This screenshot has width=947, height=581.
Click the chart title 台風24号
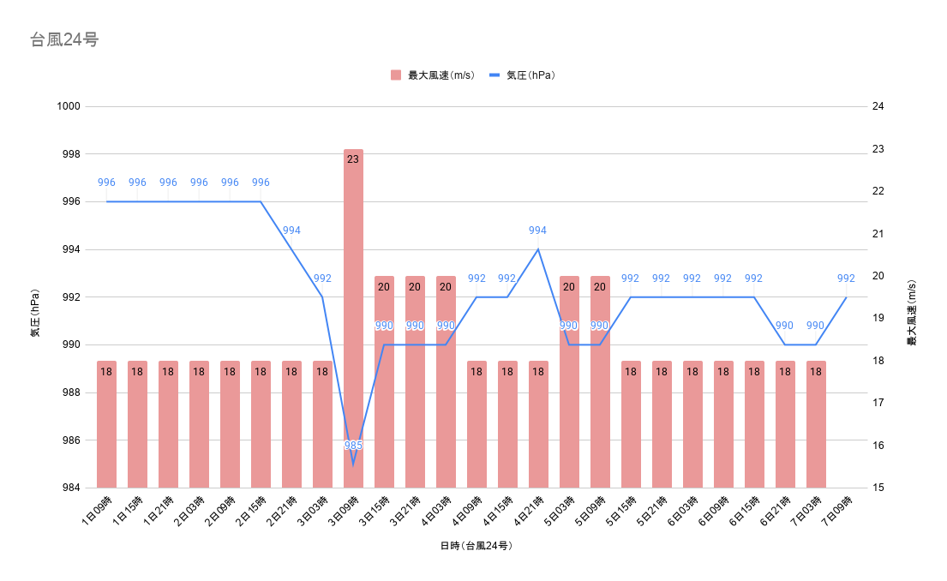[x=64, y=40]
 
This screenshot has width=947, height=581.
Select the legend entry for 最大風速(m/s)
[x=433, y=75]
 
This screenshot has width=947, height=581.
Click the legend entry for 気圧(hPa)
[x=523, y=75]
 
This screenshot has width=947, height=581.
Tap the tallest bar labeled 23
[x=353, y=318]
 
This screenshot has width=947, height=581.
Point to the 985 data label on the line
[x=353, y=446]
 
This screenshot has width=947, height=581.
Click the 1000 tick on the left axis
[x=69, y=106]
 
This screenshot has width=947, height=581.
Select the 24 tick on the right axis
[x=878, y=106]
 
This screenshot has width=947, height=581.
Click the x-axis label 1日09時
[x=97, y=511]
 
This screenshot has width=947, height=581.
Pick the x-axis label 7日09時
[x=837, y=511]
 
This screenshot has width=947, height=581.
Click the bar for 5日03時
[x=569, y=381]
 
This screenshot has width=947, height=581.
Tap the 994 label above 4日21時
[x=537, y=231]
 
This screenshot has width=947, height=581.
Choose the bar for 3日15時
[x=384, y=381]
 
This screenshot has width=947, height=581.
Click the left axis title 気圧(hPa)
[x=35, y=313]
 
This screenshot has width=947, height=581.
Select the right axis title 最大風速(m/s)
[x=912, y=313]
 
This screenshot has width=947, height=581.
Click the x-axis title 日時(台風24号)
[x=476, y=546]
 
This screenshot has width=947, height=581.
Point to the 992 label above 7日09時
[x=846, y=279]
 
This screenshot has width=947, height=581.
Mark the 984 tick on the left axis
[x=70, y=488]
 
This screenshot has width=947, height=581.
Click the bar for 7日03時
[x=816, y=424]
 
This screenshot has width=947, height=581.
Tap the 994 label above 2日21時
[x=291, y=231]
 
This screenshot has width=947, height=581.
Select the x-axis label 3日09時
[x=344, y=511]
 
